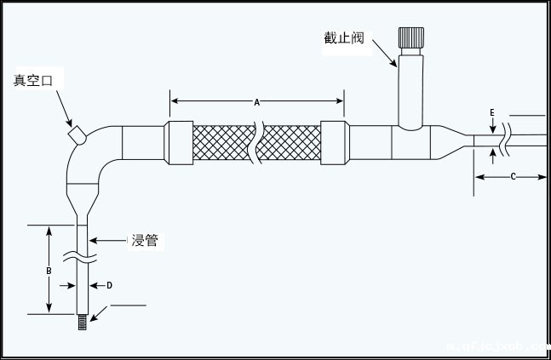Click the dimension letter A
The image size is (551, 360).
point(257,102)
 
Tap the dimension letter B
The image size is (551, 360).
point(49,270)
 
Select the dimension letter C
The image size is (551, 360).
point(513,176)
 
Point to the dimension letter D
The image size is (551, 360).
point(108,285)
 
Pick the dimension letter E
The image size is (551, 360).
point(492,112)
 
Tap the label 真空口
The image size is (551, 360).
point(33,81)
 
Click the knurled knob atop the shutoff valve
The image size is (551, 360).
point(411,39)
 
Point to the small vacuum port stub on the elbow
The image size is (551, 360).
point(75,134)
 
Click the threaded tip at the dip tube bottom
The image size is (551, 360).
point(83,322)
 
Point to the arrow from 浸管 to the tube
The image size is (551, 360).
point(106,242)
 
